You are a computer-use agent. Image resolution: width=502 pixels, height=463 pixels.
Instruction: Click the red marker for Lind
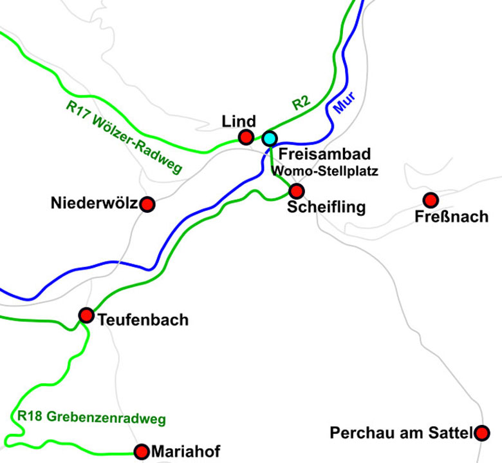pyautogui.click(x=245, y=137)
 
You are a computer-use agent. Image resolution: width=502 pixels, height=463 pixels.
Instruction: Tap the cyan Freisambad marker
pyautogui.click(x=269, y=138)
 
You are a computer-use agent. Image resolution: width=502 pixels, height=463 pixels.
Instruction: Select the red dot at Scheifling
pyautogui.click(x=296, y=191)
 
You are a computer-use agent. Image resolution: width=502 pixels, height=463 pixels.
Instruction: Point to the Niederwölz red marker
pyautogui.click(x=147, y=204)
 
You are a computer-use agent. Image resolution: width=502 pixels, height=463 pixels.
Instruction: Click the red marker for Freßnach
pyautogui.click(x=430, y=200)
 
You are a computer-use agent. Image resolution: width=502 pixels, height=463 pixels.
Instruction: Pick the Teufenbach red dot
pyautogui.click(x=86, y=315)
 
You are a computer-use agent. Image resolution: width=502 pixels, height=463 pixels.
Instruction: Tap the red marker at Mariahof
pyautogui.click(x=142, y=451)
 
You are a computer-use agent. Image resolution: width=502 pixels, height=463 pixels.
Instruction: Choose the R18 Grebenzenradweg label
pyautogui.click(x=91, y=418)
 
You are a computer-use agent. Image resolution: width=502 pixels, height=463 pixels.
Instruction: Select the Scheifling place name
pyautogui.click(x=326, y=208)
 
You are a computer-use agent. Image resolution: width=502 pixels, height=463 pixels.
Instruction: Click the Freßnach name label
pyautogui.click(x=452, y=217)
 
